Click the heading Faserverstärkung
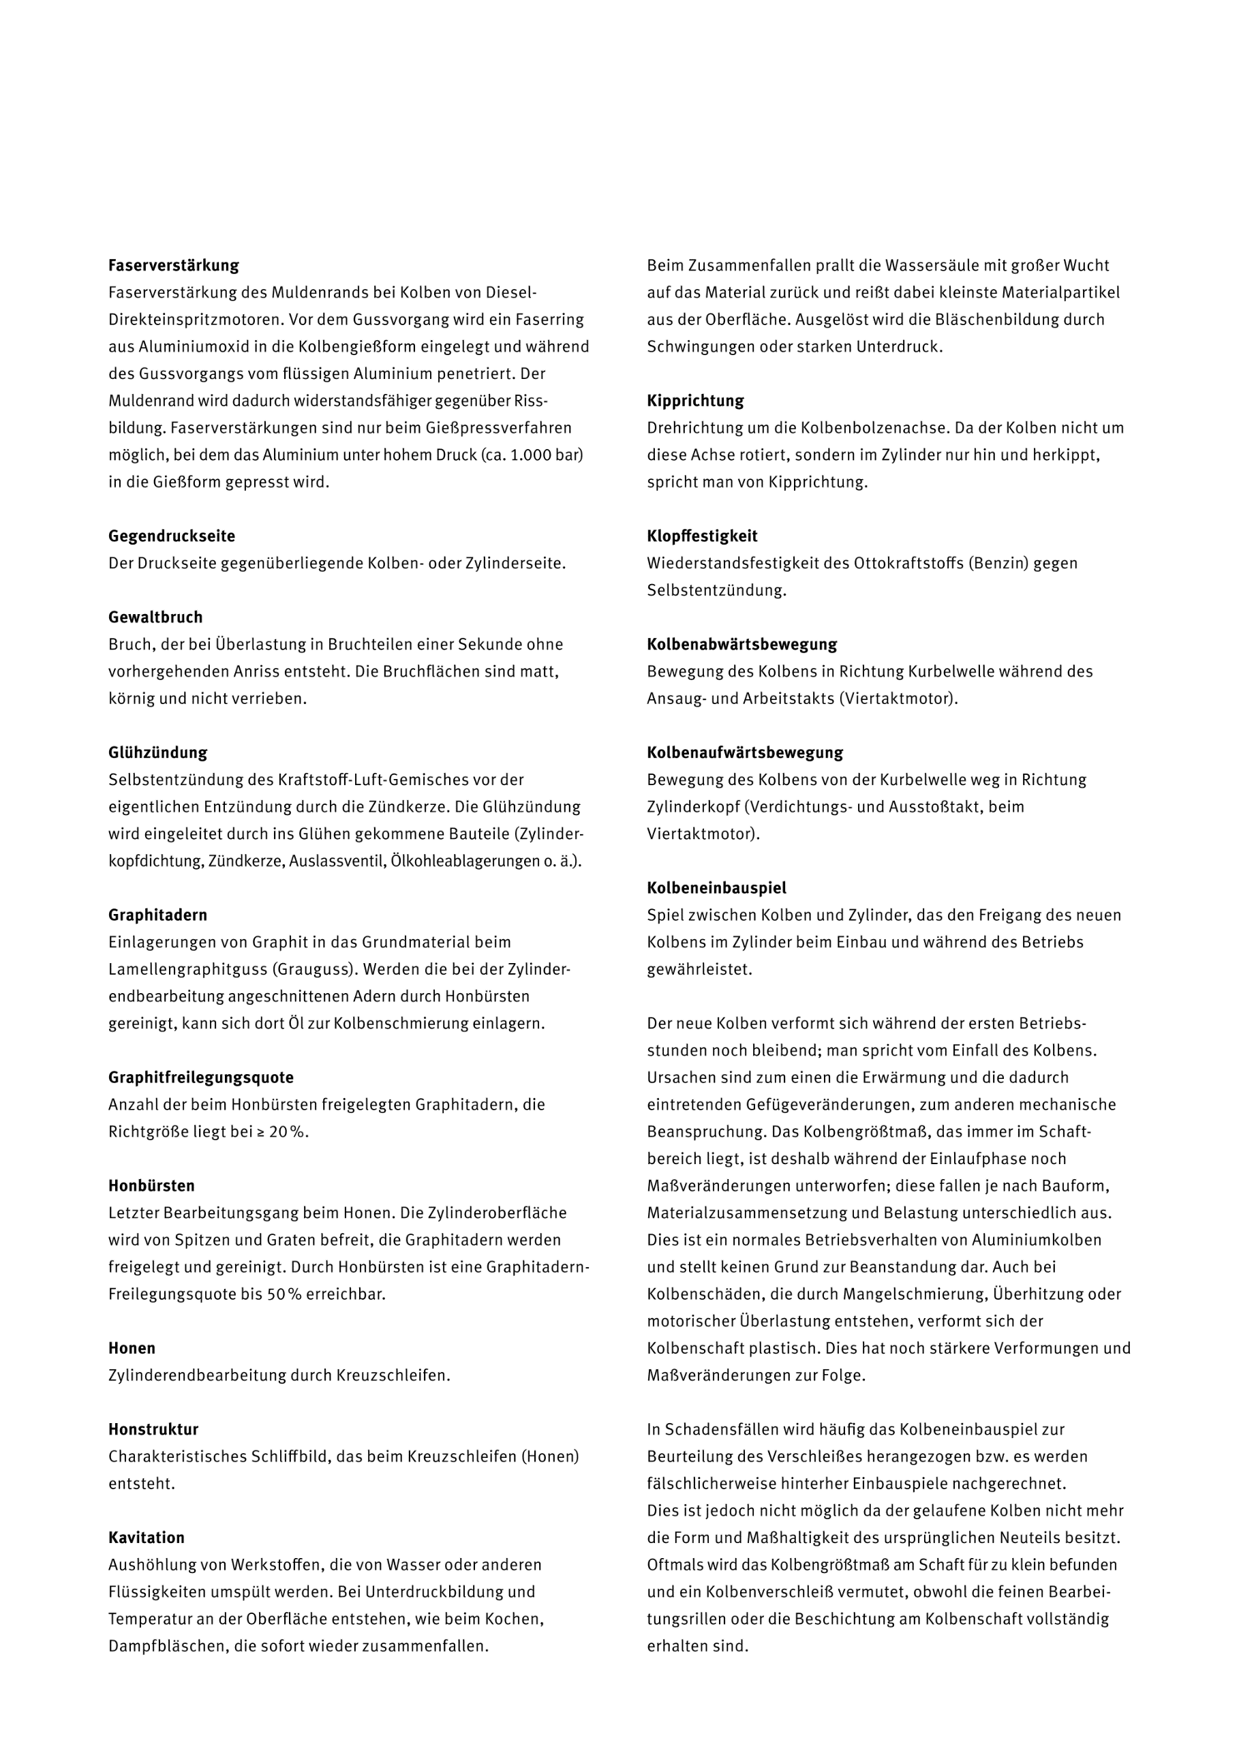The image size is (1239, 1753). point(173,266)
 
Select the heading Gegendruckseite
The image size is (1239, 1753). point(171,536)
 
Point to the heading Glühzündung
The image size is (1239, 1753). point(157,752)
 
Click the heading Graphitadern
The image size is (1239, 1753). point(157,915)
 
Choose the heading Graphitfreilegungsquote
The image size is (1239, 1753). point(201,1078)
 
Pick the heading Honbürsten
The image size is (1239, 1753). point(151,1186)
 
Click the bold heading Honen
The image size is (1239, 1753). point(132,1348)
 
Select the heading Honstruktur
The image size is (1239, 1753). point(153,1429)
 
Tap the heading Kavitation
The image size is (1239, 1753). point(146,1538)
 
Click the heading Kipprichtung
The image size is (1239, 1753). point(694,401)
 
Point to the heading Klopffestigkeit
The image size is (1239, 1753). point(701,536)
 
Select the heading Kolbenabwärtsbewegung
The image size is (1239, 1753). point(741,644)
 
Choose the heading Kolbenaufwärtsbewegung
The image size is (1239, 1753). point(744,752)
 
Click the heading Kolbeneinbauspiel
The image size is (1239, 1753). point(716,888)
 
